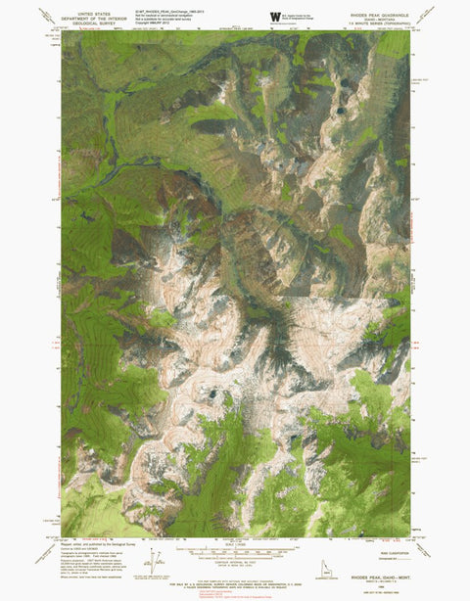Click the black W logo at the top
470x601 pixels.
[x=275, y=17]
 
